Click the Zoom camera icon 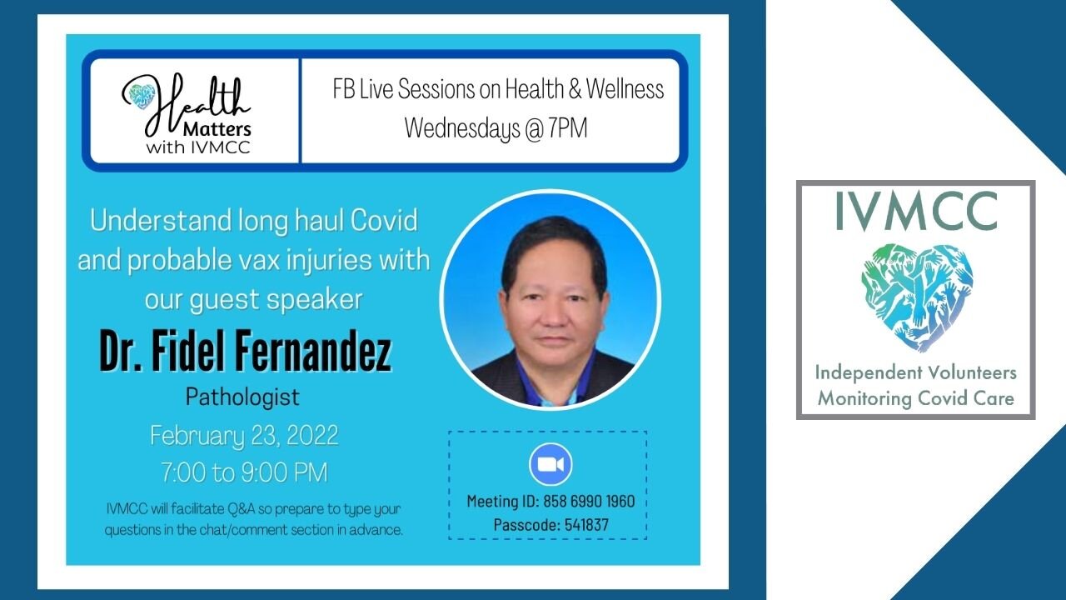550,464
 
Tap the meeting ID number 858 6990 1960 589,501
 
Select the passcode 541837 586,525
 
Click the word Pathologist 242,397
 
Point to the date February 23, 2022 244,436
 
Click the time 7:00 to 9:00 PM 245,472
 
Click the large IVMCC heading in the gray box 916,212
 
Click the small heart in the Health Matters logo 142,96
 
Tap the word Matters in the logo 217,128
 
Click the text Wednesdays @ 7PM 496,128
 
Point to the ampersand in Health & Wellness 575,89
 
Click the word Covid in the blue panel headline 384,220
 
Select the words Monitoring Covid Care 916,398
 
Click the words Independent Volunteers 916,372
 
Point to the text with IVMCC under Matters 198,147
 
